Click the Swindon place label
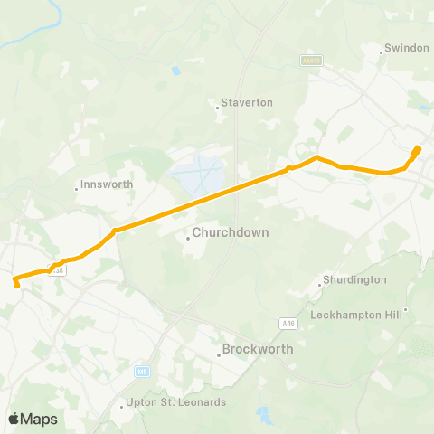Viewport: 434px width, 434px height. pos(406,47)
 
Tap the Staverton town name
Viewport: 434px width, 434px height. pos(247,102)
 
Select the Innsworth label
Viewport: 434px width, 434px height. pos(107,184)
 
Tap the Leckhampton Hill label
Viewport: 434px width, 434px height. pos(357,315)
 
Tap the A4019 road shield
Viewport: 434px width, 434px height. pos(311,60)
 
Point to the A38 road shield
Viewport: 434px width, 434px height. pos(59,269)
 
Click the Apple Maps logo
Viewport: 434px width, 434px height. pos(32,419)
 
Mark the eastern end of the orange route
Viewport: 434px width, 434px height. pos(417,148)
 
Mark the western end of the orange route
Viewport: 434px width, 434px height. pos(18,286)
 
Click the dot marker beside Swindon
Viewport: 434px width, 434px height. pos(382,52)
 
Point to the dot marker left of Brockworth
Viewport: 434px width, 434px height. pos(219,355)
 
